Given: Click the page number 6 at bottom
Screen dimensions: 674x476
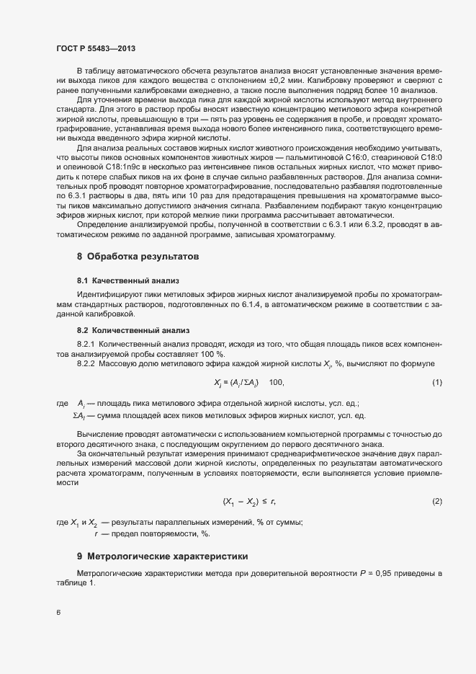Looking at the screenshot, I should tap(58, 613).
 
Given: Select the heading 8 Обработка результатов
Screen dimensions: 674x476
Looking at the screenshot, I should tap(137, 256).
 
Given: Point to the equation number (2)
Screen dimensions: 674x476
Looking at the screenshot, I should tap(436, 501).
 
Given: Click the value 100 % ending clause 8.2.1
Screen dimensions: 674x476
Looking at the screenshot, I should tap(216, 354).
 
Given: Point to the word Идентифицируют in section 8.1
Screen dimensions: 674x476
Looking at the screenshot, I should tap(106, 295).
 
